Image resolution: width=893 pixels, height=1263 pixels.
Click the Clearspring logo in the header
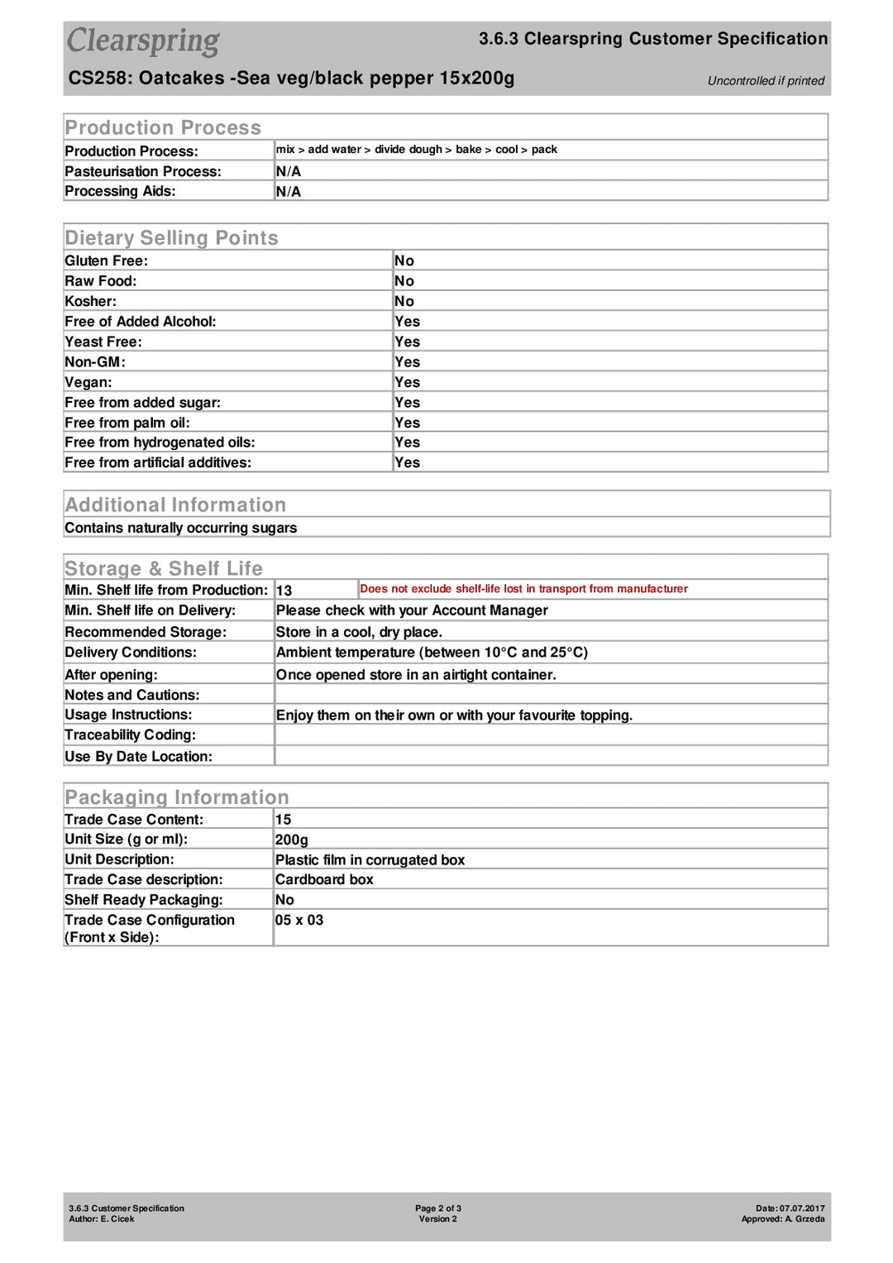[143, 41]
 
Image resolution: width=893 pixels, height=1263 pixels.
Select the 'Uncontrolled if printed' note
[766, 81]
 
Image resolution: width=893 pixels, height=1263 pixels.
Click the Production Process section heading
[163, 127]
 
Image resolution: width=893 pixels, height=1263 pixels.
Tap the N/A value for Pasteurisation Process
[288, 171]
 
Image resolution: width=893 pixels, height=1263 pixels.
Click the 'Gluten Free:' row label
[106, 261]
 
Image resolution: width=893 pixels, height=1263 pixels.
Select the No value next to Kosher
[404, 301]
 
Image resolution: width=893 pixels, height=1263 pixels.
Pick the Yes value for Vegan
[407, 382]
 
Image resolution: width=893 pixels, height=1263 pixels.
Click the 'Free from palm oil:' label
[127, 423]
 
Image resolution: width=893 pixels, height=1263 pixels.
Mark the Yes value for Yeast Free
[407, 342]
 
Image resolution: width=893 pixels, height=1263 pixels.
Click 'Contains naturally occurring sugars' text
[180, 528]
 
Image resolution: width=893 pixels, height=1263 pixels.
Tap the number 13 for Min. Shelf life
[284, 591]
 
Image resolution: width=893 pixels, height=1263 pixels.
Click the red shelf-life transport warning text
[523, 589]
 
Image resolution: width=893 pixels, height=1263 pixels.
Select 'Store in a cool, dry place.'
[359, 632]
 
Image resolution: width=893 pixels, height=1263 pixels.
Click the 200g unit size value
[291, 840]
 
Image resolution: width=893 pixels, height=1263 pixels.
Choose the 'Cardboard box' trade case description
[324, 879]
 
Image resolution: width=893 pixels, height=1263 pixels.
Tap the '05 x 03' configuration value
[298, 920]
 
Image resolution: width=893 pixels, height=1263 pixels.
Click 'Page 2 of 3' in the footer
[438, 1208]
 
